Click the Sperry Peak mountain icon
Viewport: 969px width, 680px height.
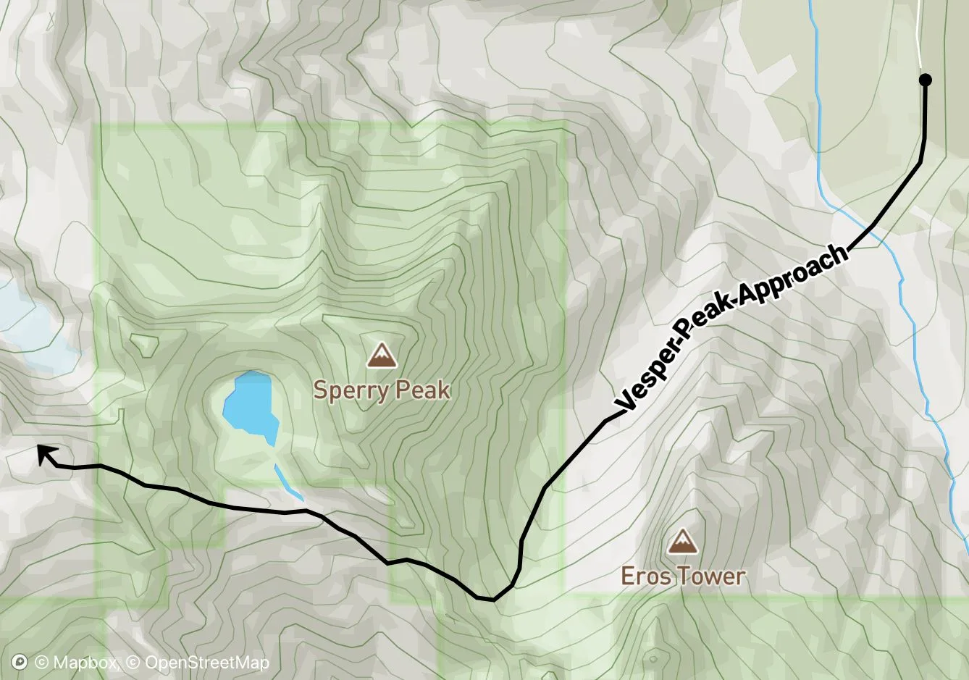coord(380,356)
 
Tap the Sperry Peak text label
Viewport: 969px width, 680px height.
coord(382,391)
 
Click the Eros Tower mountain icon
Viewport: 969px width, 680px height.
coord(681,541)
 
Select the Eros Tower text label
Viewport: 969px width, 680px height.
coord(683,576)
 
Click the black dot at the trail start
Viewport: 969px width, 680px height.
coord(925,80)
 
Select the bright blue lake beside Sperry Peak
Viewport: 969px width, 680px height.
coord(246,406)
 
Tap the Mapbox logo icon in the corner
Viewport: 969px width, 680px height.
coord(20,662)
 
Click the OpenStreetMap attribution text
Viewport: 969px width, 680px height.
coord(206,663)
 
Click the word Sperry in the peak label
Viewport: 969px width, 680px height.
coord(345,391)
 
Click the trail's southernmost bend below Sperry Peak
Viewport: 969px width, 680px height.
coord(492,600)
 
